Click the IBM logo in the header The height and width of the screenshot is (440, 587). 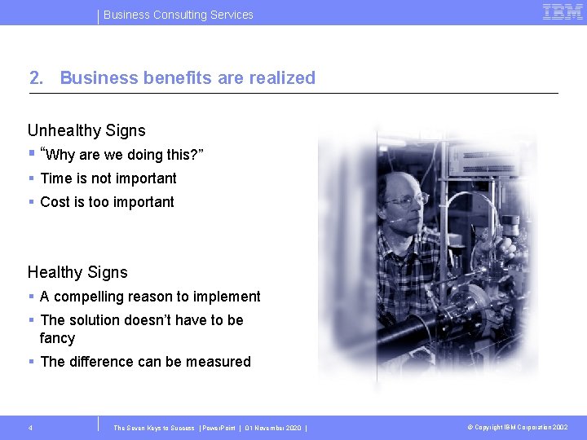point(562,12)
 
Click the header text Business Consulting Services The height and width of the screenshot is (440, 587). point(179,15)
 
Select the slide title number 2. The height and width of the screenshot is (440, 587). point(35,78)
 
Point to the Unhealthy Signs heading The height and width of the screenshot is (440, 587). point(86,130)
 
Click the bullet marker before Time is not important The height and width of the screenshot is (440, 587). point(31,178)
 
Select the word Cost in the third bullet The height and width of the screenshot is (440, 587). point(55,202)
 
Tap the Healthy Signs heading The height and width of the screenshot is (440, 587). point(77,272)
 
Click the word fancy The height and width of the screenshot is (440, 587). point(57,338)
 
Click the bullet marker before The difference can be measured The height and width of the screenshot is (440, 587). point(31,362)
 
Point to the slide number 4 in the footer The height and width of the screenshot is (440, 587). point(30,428)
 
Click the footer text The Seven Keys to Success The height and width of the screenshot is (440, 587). point(154,428)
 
